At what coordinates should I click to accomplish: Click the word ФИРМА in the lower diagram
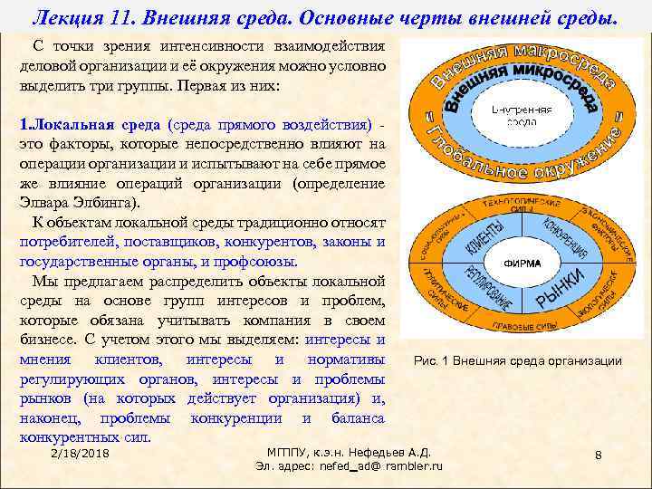[516, 264]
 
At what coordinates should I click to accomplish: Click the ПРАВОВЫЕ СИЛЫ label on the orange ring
[517, 326]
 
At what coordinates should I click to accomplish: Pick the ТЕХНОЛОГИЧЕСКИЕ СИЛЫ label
[518, 205]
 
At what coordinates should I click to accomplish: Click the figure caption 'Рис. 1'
[431, 361]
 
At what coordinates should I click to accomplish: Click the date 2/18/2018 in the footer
[81, 452]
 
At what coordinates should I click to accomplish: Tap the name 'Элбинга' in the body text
[107, 202]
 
